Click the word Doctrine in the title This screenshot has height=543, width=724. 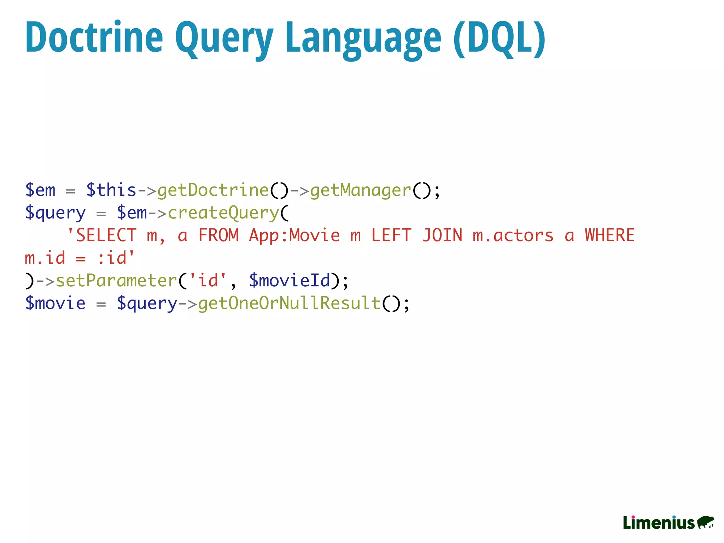pos(94,37)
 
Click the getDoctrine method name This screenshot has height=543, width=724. pos(213,190)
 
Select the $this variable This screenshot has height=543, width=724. pos(111,190)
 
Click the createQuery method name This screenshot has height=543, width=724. pos(223,213)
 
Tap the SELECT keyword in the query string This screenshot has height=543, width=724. pos(106,235)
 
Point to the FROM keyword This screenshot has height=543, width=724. pos(218,235)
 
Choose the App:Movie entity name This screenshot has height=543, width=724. pos(294,235)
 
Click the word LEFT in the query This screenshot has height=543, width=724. pos(391,235)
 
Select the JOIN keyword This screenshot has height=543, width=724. pos(442,235)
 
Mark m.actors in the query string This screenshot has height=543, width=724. pos(513,235)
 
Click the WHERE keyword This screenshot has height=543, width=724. pos(610,235)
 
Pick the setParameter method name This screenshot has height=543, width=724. pos(116,281)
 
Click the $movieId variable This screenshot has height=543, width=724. pos(290,281)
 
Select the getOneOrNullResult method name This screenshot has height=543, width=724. pos(289,303)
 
